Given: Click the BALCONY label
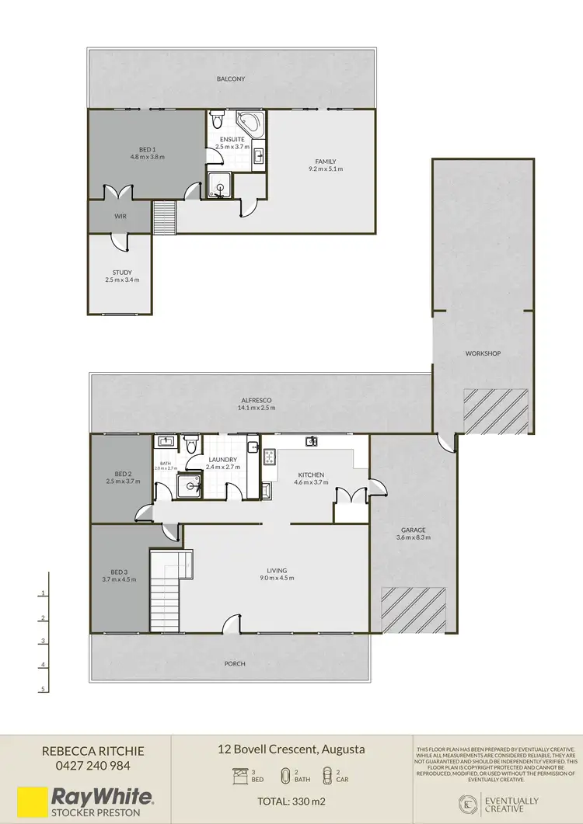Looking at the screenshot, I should pyautogui.click(x=232, y=78).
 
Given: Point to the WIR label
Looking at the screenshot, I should pyautogui.click(x=120, y=217).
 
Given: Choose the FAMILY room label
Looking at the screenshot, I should pyautogui.click(x=325, y=160).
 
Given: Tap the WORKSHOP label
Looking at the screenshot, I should pyautogui.click(x=483, y=353).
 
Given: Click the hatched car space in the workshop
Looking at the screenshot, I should pyautogui.click(x=496, y=410).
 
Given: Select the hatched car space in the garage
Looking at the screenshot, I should pyautogui.click(x=414, y=610).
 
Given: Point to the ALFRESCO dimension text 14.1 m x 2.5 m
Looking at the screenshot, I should pyautogui.click(x=256, y=408).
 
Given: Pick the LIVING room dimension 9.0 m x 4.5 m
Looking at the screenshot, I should pyautogui.click(x=277, y=579).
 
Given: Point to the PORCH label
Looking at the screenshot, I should pyautogui.click(x=234, y=663).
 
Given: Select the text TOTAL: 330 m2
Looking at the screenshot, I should pyautogui.click(x=292, y=801).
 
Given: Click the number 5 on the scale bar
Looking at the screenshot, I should pyautogui.click(x=44, y=689).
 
